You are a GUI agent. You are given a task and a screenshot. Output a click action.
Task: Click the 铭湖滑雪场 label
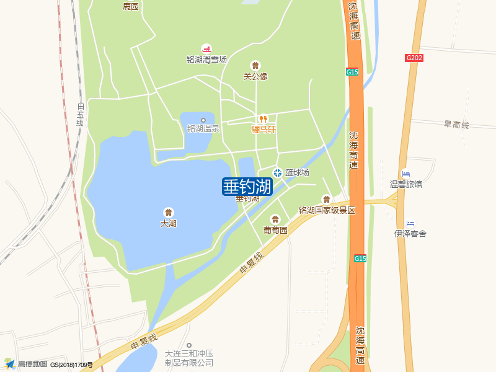click(206, 60)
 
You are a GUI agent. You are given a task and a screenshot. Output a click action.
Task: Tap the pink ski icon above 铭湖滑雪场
click(206, 48)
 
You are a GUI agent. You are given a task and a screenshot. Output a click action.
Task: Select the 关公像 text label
click(255, 76)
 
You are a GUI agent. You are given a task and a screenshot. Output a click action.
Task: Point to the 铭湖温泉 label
click(203, 129)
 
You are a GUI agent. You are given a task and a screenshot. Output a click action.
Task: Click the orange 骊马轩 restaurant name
click(263, 130)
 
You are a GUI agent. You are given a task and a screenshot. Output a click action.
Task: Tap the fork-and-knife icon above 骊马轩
click(263, 119)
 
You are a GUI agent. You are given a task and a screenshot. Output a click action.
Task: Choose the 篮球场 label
click(297, 172)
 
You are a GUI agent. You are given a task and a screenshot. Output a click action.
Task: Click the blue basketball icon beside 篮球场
click(278, 172)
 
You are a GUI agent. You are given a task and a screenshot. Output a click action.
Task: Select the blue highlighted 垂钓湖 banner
click(247, 186)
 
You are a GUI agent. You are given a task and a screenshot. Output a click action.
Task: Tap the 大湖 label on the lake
click(169, 223)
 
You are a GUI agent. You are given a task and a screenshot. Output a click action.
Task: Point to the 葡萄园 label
click(275, 229)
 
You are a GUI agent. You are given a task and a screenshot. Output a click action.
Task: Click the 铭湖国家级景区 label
click(327, 210)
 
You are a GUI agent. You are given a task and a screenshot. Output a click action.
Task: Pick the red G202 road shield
click(414, 58)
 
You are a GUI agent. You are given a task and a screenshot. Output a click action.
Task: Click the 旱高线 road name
click(456, 125)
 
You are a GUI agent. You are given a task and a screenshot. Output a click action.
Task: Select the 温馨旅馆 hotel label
click(405, 184)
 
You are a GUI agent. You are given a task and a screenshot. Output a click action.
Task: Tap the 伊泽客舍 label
click(410, 234)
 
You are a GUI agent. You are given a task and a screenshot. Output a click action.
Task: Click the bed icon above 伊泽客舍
click(410, 223)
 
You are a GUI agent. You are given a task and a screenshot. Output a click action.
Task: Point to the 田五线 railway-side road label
click(80, 115)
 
